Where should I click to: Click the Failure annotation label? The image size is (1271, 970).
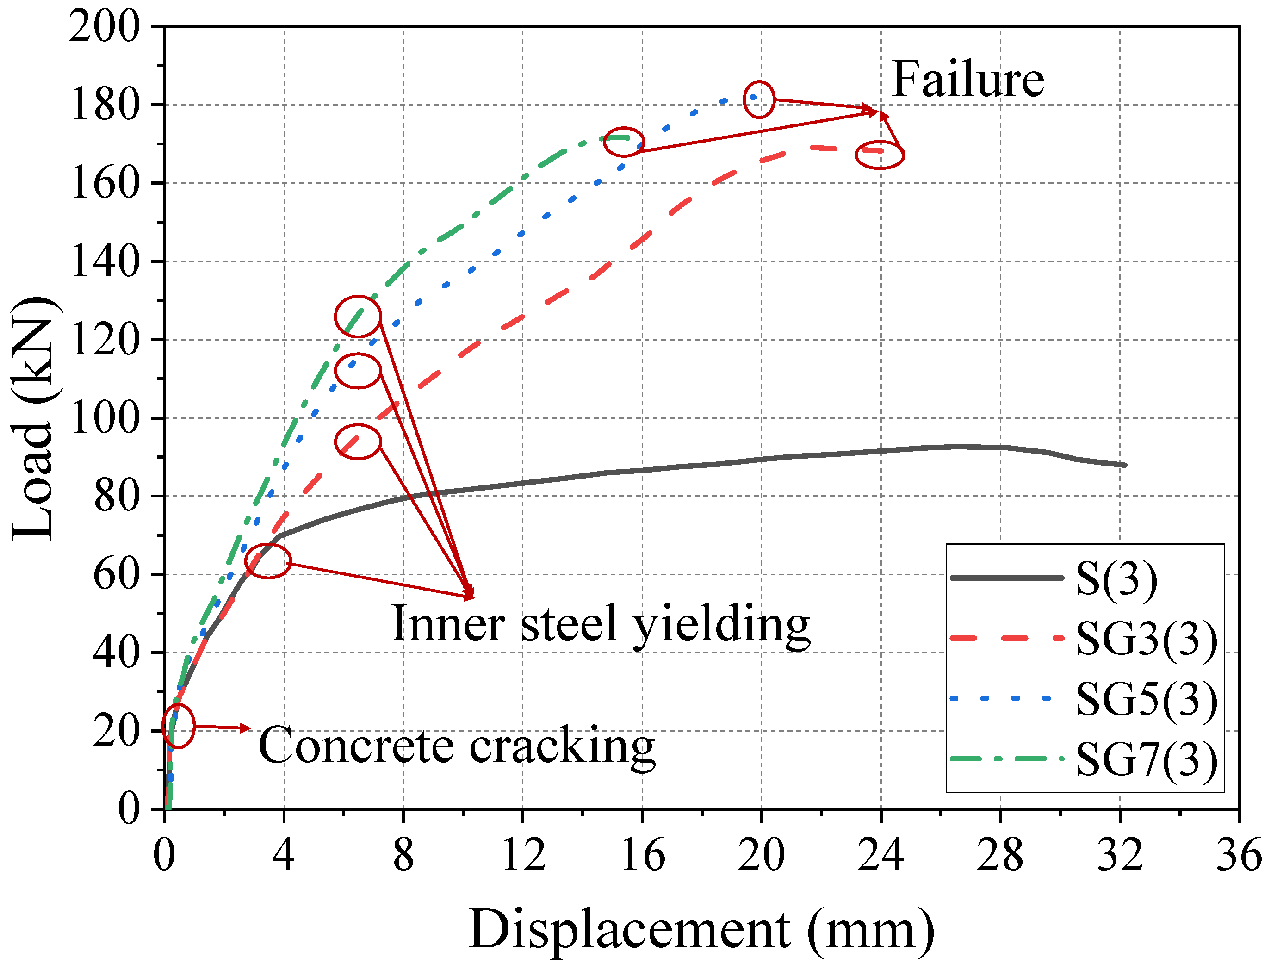point(967,80)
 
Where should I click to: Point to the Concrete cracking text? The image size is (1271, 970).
point(456,746)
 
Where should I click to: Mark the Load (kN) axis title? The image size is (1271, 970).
point(33,419)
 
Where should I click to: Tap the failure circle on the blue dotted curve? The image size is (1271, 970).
point(759,99)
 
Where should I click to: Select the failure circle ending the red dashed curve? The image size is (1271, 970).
point(879,154)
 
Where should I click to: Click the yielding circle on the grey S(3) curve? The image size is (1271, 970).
point(268,560)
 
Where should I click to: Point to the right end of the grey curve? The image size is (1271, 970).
point(1124,465)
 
